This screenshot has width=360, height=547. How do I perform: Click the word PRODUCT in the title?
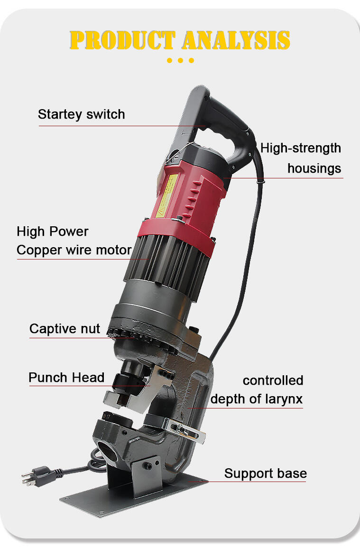(x=122, y=40)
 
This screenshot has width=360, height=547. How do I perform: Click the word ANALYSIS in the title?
(x=236, y=40)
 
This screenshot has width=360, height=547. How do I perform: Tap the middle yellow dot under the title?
(x=180, y=60)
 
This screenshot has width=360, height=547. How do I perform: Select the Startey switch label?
(x=81, y=114)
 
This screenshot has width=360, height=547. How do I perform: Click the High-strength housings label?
(x=301, y=158)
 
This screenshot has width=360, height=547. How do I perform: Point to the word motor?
(x=114, y=250)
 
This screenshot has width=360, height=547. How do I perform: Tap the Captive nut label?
(x=65, y=329)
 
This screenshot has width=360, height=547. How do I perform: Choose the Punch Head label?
(x=66, y=378)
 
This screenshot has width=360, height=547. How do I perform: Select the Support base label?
(x=266, y=473)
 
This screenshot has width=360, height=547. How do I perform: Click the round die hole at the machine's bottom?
(x=108, y=452)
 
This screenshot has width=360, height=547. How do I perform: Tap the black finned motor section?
(x=167, y=265)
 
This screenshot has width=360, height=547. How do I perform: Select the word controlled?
(x=273, y=380)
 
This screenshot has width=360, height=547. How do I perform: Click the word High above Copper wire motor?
(x=31, y=232)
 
